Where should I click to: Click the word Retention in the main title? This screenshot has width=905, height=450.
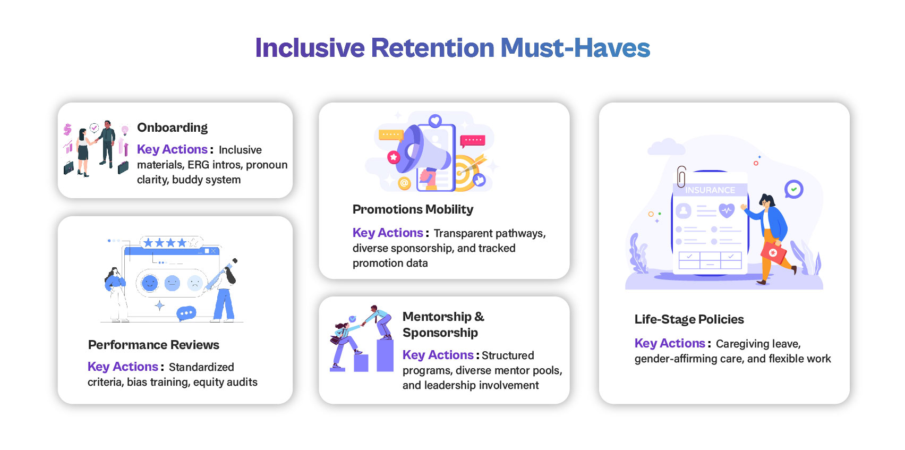click(x=432, y=48)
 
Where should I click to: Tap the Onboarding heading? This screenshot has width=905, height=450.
click(x=172, y=128)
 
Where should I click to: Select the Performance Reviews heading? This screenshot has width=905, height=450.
click(x=153, y=344)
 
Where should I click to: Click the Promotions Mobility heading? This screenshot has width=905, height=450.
click(x=413, y=209)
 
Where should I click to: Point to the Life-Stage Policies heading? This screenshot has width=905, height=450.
click(x=689, y=319)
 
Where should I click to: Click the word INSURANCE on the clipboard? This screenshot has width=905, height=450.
click(x=710, y=190)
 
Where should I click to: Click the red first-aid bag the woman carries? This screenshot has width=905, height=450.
click(x=773, y=253)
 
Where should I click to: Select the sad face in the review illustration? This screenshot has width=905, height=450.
click(x=195, y=283)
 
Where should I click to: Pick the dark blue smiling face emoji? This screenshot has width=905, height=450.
click(x=149, y=283)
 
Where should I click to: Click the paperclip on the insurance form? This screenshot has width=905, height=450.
click(x=681, y=176)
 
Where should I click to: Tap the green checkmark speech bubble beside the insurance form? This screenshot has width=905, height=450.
click(x=793, y=189)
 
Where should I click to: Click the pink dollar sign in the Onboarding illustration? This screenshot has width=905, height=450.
click(x=67, y=130)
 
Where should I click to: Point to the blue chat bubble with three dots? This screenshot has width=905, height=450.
click(x=186, y=313)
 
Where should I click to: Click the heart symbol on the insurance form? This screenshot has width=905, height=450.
click(x=727, y=210)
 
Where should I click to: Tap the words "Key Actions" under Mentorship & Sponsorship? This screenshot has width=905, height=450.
click(x=438, y=355)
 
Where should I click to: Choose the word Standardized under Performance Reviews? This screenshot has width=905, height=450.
click(x=201, y=367)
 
